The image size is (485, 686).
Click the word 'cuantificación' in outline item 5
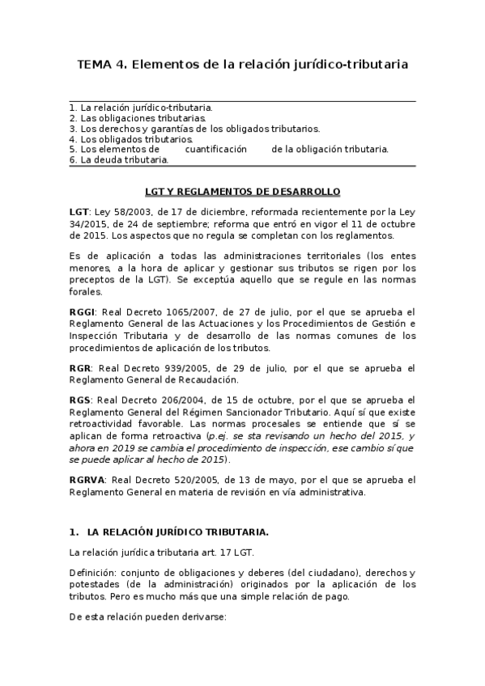pos(215,149)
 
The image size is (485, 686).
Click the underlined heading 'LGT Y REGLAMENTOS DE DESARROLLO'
pos(242,192)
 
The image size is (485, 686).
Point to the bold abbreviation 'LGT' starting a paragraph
pos(79,212)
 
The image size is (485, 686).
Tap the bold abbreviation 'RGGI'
pos(83,311)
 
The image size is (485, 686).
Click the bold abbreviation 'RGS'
pos(80,400)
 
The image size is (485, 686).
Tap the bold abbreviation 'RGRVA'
pos(87,480)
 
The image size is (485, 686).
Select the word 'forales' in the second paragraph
pos(85,294)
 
